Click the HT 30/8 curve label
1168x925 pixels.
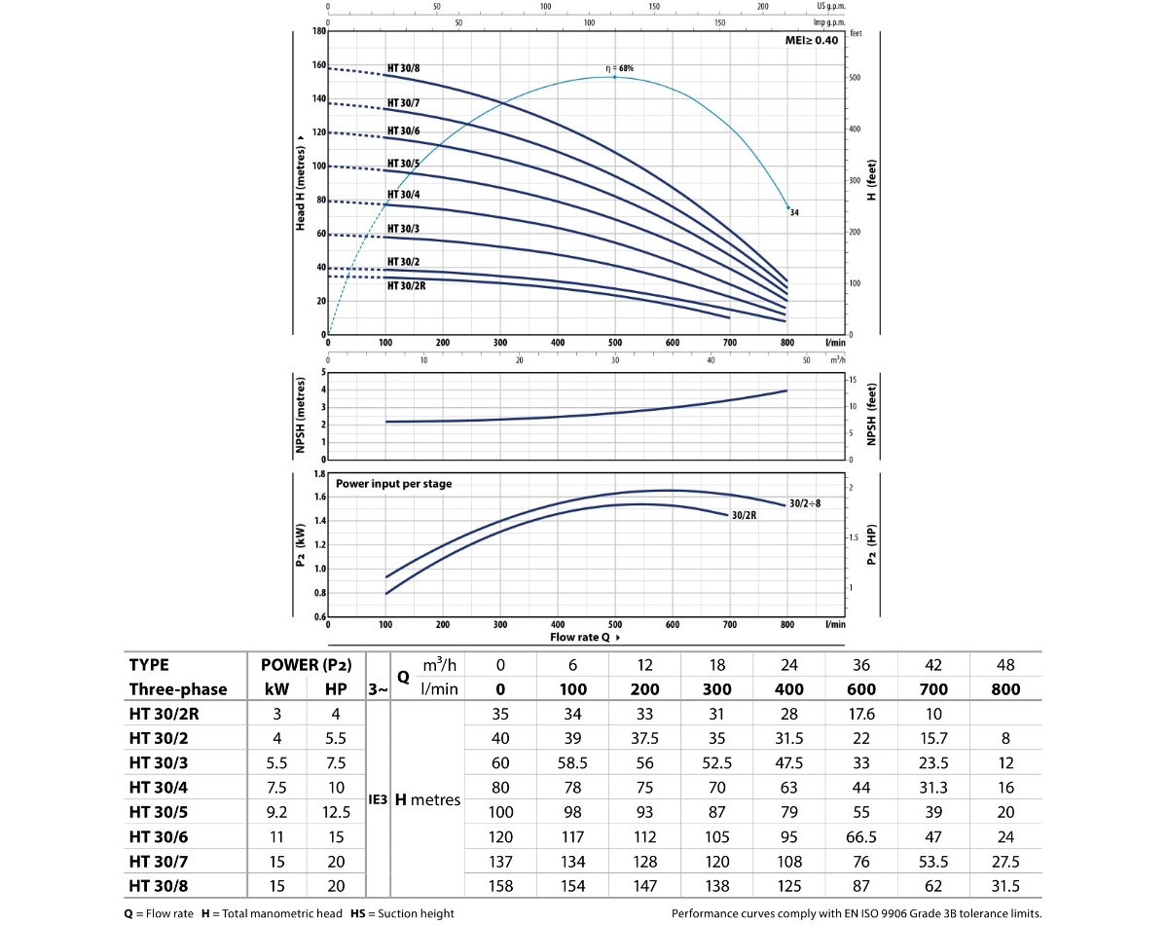404,68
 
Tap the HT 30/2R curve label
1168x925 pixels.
406,285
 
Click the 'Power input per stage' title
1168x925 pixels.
393,483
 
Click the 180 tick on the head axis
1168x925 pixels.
319,31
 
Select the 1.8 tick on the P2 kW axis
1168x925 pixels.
318,474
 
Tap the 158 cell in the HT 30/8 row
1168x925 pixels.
500,887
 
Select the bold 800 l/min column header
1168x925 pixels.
1006,688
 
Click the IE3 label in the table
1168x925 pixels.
378,799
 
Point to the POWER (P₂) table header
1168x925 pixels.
307,665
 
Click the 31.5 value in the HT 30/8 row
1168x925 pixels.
1006,887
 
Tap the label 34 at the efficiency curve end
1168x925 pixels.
794,212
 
